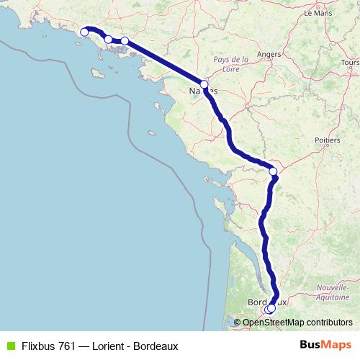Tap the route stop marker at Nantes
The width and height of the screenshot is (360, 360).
coord(204,85)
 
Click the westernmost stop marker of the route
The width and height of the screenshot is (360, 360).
coord(84,32)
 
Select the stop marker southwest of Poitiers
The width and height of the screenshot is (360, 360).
coord(273,171)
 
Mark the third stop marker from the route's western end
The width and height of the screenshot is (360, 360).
coord(125,41)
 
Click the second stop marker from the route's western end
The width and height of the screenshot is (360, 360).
coord(108,39)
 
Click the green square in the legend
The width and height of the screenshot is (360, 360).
coord(10,346)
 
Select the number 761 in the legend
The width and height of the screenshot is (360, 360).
coord(66,346)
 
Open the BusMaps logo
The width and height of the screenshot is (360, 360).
coord(325,346)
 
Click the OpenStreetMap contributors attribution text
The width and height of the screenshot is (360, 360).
coord(297,323)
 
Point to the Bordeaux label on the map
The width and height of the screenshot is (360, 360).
coord(266,302)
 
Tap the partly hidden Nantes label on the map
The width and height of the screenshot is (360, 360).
coord(203,91)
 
